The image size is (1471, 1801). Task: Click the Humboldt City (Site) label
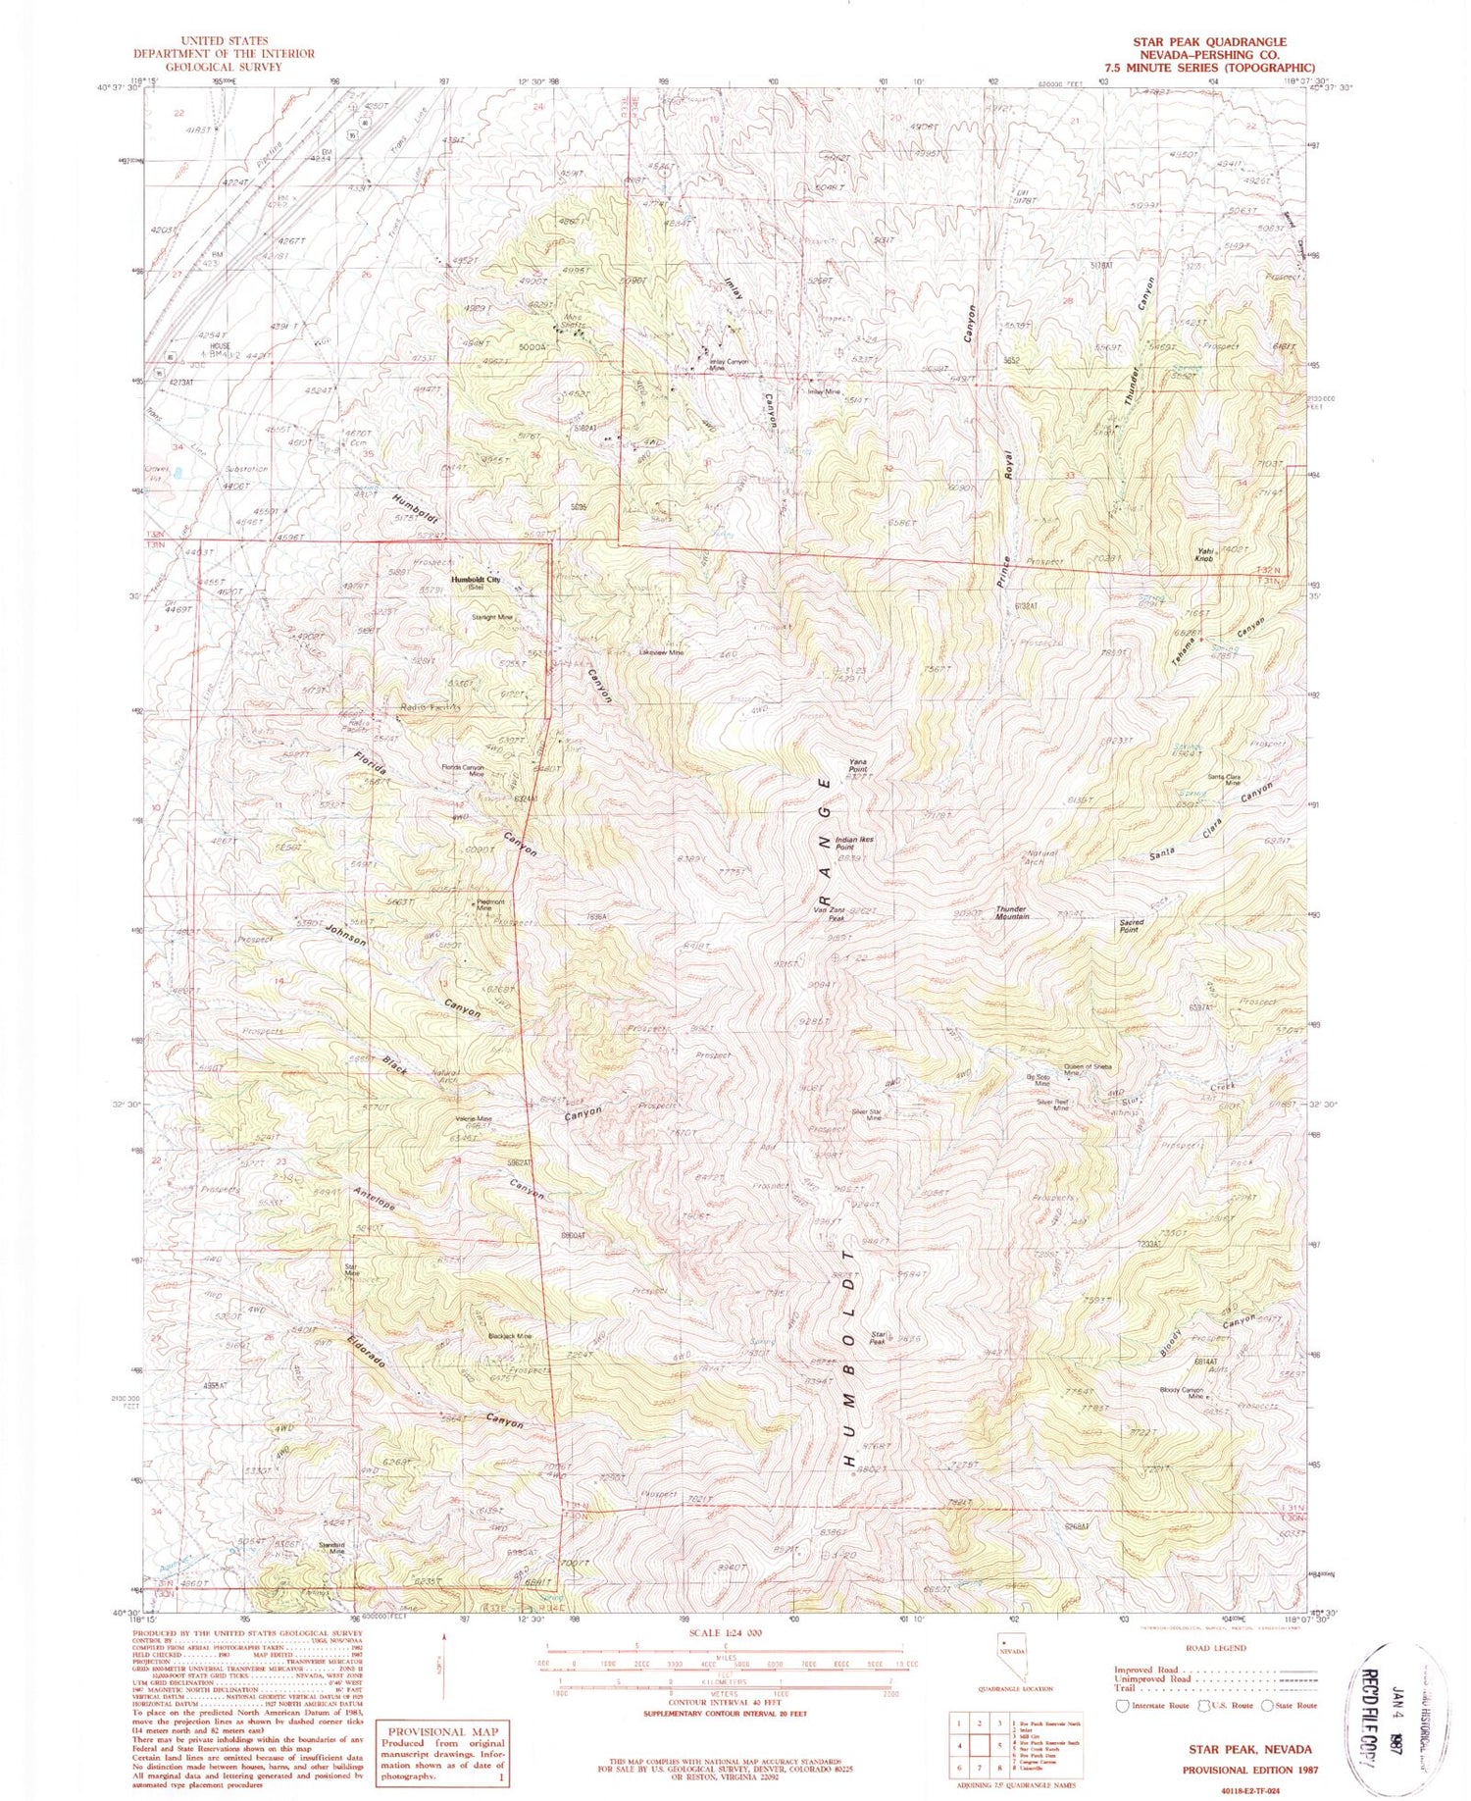click(476, 583)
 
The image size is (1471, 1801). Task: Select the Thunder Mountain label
click(1012, 912)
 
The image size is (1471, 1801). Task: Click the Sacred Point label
click(1131, 925)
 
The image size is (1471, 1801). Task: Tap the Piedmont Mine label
click(490, 904)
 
